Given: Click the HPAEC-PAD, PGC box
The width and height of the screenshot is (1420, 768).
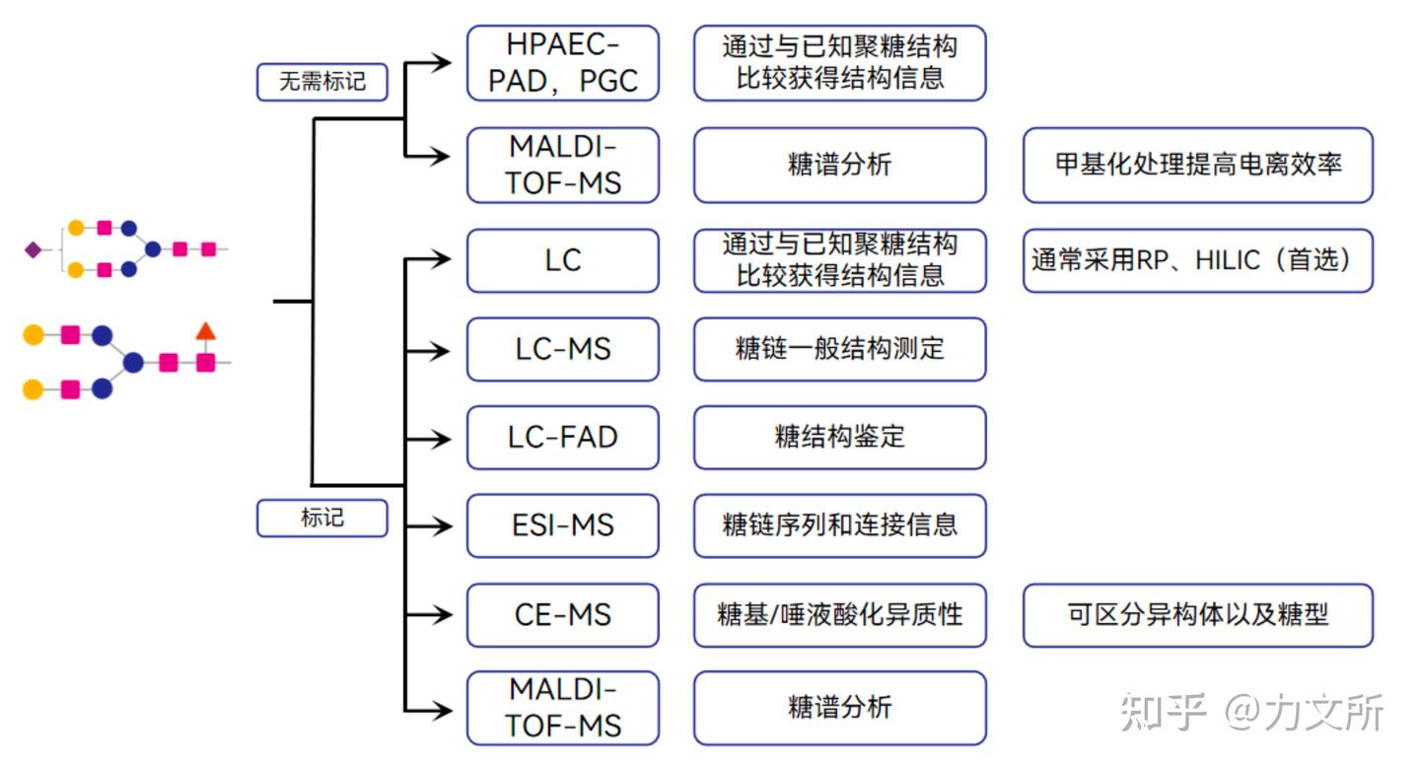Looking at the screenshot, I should point(562,63).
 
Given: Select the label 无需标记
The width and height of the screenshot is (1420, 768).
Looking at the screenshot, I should point(321,82).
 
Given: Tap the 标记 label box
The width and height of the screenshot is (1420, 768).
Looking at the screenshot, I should point(321,518).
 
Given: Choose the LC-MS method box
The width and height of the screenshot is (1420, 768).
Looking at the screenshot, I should point(562,349).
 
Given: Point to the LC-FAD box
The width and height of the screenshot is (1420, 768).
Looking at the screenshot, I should point(562,437).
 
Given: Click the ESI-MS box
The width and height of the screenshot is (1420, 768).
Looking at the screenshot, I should point(562,525).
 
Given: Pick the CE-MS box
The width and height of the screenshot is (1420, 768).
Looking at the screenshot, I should point(562,614).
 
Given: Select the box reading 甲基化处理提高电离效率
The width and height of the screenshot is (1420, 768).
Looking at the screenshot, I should point(1197,165).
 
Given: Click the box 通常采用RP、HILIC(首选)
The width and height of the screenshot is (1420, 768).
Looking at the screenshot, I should point(1197,260).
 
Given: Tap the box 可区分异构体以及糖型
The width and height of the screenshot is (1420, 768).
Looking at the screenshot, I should point(1197,614).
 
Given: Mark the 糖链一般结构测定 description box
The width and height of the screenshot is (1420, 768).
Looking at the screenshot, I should point(839,349).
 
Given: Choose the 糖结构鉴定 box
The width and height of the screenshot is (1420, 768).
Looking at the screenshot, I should point(839,437).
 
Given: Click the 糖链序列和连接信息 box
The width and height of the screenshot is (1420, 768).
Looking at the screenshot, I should point(839,525).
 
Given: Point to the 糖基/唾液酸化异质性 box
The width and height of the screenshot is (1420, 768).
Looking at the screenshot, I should point(839,614).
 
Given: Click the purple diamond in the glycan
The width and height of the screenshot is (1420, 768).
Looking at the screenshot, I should point(33,250).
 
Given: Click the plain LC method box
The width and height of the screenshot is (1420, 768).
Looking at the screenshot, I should point(562,260).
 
